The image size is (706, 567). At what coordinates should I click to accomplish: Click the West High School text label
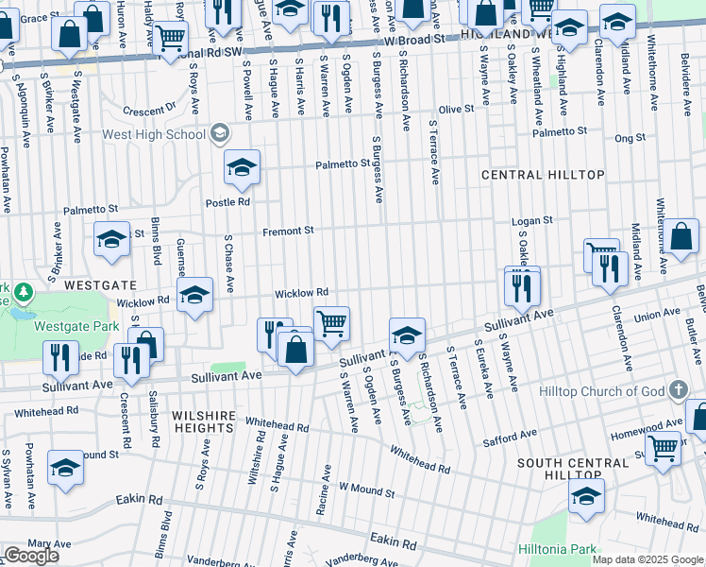pyautogui.click(x=153, y=134)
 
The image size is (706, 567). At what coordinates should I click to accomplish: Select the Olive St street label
pyautogui.click(x=455, y=110)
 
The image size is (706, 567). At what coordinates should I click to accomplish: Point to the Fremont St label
pyautogui.click(x=288, y=230)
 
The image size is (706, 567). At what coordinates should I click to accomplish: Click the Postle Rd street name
pyautogui.click(x=227, y=201)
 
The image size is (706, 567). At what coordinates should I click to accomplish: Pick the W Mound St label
pyautogui.click(x=366, y=490)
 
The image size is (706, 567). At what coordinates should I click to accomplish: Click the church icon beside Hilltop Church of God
pyautogui.click(x=677, y=390)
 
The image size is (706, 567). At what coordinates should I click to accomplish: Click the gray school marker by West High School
pyautogui.click(x=219, y=134)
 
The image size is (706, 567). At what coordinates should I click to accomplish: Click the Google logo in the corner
pyautogui.click(x=31, y=556)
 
